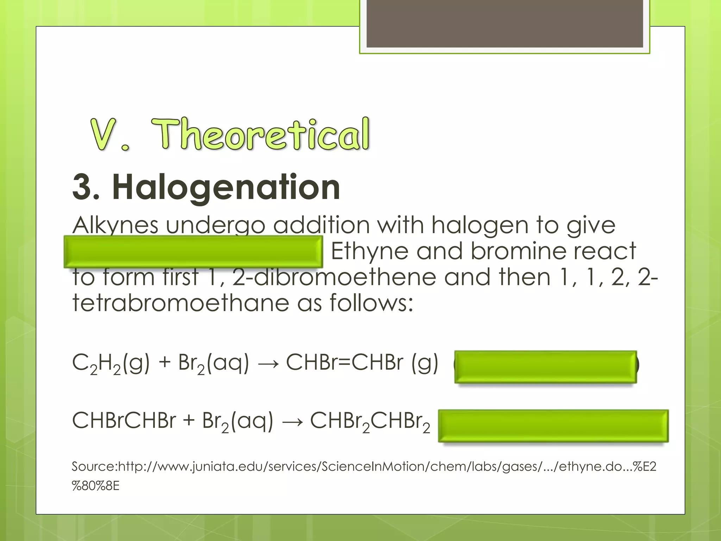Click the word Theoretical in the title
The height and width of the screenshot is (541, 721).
261,135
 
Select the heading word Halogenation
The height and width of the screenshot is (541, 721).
226,187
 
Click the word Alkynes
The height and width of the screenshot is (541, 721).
115,225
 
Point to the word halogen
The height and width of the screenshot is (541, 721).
479,225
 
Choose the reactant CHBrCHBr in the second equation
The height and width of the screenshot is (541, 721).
124,421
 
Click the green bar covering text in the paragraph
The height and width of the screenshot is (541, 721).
193,251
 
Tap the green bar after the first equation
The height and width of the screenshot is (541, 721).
545,367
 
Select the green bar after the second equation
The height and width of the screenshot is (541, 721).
553,425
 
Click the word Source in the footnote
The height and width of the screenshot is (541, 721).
93,467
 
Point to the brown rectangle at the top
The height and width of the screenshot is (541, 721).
504,24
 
